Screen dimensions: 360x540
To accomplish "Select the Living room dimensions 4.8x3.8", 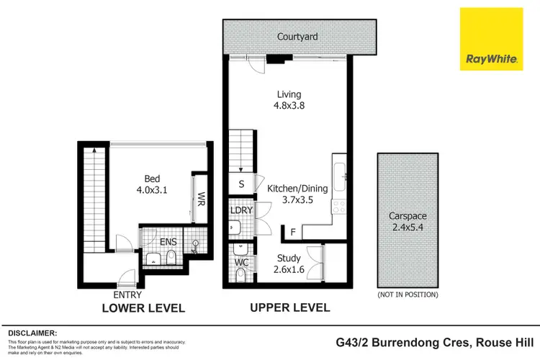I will click(289, 105).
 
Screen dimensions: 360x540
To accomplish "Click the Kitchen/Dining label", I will click(297, 188).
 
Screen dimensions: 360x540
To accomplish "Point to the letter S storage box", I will click(242, 184).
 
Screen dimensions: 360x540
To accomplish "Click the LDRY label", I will click(241, 210).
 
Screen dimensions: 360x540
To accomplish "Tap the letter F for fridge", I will click(293, 232).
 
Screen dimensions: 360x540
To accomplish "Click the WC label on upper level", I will click(242, 262).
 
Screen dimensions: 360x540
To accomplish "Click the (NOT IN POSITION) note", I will click(408, 294).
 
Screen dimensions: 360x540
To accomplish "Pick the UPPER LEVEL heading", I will click(289, 307).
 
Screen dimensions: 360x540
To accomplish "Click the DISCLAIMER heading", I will click(32, 333).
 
